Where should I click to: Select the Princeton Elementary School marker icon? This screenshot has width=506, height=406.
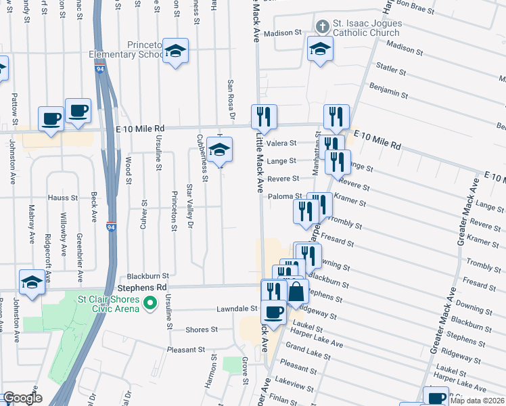point(175,51)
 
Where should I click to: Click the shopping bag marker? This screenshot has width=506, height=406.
point(296,293)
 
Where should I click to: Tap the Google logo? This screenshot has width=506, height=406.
point(22,399)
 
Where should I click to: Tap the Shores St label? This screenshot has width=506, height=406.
point(202,330)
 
